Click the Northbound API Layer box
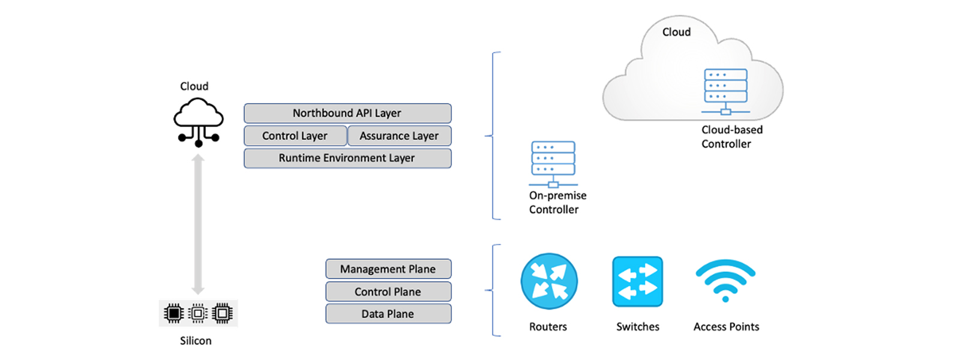[347, 113]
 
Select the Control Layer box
[295, 136]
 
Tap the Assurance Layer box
[399, 136]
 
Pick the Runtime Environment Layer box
[347, 158]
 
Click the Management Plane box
[388, 269]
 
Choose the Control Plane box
[388, 292]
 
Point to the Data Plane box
[388, 314]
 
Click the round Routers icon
[549, 281]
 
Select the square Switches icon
[637, 281]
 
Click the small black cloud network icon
[199, 122]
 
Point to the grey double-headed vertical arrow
[198, 224]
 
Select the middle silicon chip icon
[198, 313]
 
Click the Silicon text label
[196, 341]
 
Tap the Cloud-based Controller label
[731, 137]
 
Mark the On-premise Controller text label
[557, 202]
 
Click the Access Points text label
[726, 327]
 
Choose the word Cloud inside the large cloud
[676, 32]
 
